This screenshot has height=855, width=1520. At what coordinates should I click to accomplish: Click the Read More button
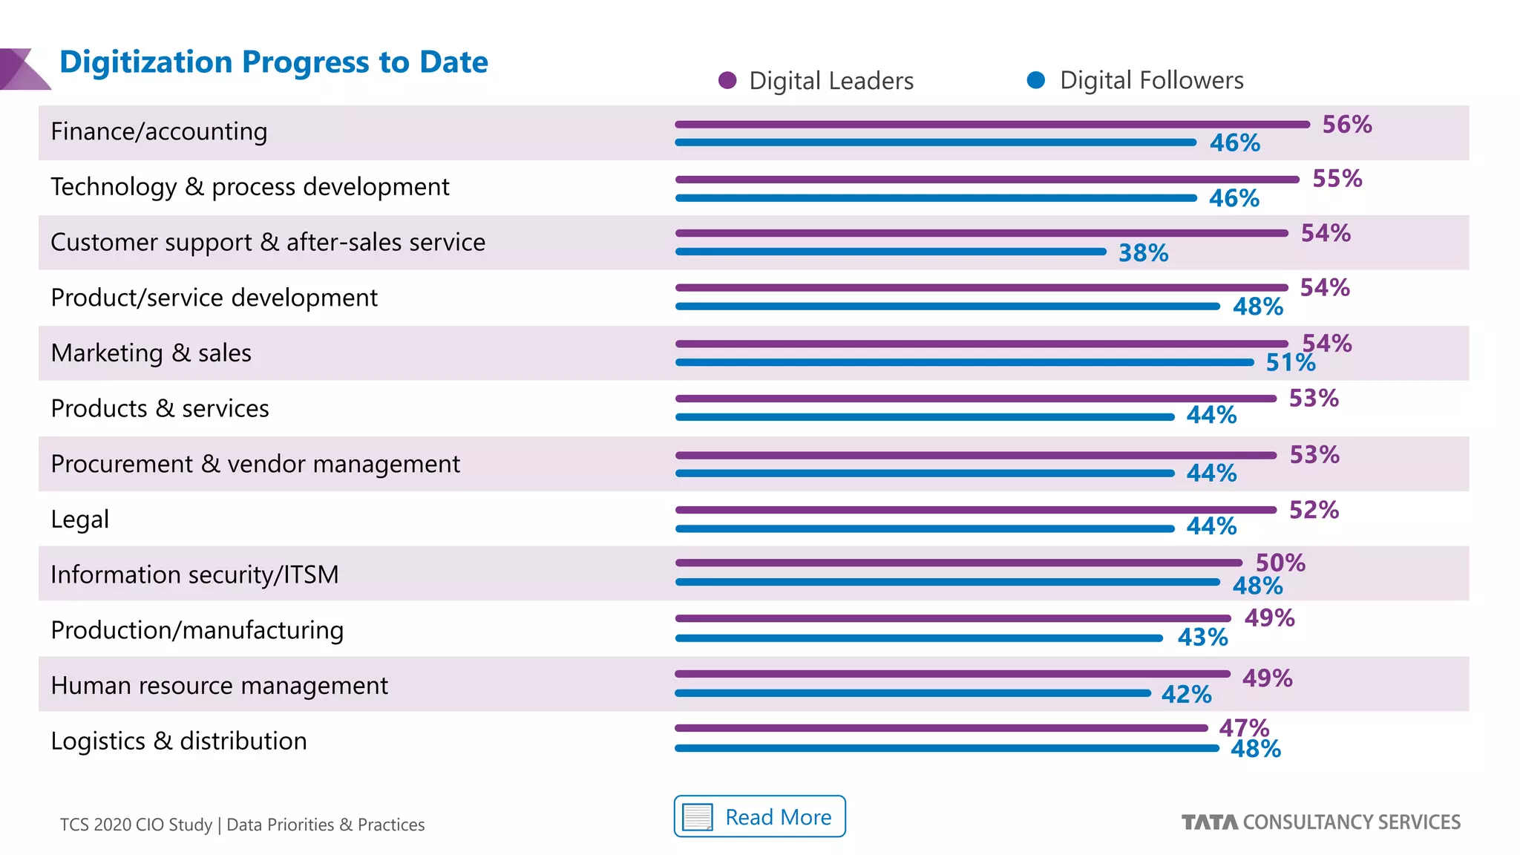(x=759, y=816)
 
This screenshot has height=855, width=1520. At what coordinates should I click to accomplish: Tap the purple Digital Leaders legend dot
(x=727, y=80)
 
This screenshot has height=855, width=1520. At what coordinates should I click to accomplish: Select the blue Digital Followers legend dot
(x=1036, y=80)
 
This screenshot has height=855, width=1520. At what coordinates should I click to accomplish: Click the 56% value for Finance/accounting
(x=1346, y=124)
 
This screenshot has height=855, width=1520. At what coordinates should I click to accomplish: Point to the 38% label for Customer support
(x=1143, y=253)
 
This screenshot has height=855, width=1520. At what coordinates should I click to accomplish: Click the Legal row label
(x=79, y=519)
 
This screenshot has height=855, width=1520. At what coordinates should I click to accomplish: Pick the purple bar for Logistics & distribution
(x=941, y=728)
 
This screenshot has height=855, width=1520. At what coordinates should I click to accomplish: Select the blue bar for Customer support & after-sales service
(x=891, y=252)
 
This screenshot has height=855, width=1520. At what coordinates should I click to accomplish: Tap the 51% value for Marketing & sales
(x=1289, y=363)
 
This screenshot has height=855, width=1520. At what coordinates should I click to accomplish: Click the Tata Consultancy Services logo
(x=1320, y=822)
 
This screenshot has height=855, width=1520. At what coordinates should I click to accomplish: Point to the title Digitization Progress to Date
(x=273, y=62)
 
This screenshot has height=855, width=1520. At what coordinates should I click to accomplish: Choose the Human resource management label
(x=219, y=685)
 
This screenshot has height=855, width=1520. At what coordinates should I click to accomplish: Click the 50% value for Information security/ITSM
(x=1280, y=563)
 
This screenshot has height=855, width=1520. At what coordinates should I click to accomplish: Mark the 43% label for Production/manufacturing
(x=1202, y=638)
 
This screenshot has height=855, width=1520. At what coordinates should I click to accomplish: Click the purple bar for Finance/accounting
(x=992, y=125)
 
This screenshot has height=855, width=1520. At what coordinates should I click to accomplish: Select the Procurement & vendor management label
(x=255, y=464)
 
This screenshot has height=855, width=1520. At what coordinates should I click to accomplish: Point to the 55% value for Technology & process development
(x=1337, y=179)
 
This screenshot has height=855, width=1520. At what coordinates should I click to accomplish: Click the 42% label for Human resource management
(x=1186, y=695)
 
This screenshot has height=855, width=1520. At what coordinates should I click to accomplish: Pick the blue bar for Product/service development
(x=948, y=306)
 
